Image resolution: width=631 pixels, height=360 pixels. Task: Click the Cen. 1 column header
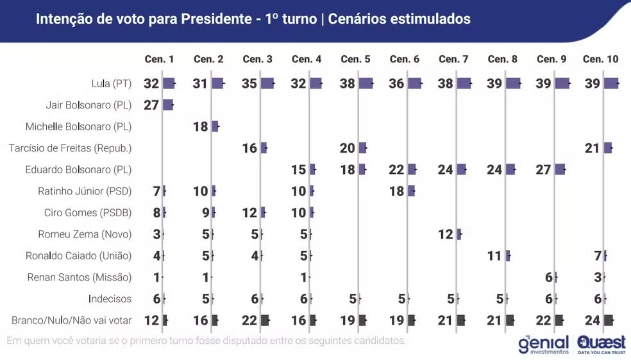pyautogui.click(x=159, y=59)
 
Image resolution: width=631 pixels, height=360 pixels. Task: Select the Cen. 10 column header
pyautogui.click(x=600, y=59)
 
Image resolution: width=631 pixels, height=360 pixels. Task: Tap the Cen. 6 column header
pyautogui.click(x=405, y=59)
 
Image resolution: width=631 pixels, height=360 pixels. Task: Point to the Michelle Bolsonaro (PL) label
pyautogui.click(x=78, y=126)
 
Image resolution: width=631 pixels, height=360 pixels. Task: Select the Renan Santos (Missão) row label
pyautogui.click(x=79, y=277)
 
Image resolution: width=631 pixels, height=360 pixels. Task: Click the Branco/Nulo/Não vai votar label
pyautogui.click(x=71, y=320)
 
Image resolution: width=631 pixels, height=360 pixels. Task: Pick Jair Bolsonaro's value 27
pyautogui.click(x=151, y=105)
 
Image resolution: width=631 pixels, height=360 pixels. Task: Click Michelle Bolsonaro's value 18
pyautogui.click(x=201, y=126)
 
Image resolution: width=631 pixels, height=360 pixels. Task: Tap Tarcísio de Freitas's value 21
pyautogui.click(x=593, y=148)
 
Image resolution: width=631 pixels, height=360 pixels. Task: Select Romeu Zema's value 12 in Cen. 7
pyautogui.click(x=446, y=234)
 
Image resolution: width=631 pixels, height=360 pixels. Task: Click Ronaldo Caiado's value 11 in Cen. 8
pyautogui.click(x=494, y=255)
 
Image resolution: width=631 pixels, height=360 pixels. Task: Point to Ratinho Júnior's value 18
pyautogui.click(x=397, y=191)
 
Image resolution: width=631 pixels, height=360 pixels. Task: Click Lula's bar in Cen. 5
pyautogui.click(x=366, y=83)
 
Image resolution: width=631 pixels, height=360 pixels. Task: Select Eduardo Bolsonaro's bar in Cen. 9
pyautogui.click(x=560, y=169)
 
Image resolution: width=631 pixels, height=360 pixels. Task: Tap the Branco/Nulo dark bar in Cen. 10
pyautogui.click(x=609, y=320)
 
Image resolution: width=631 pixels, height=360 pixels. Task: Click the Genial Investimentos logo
pyautogui.click(x=543, y=345)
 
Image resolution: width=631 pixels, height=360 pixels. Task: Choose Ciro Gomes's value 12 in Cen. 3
pyautogui.click(x=249, y=212)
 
